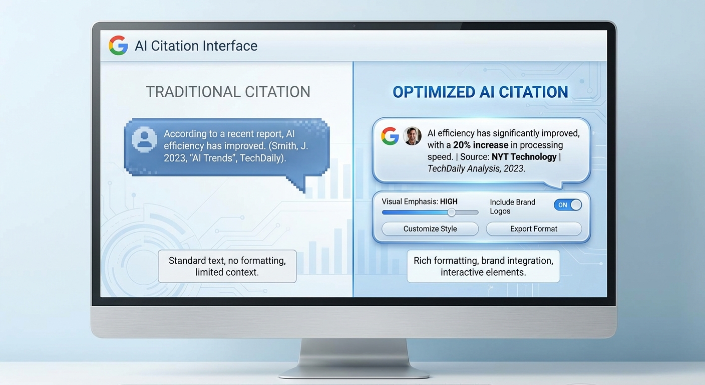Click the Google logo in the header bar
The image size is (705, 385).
118,46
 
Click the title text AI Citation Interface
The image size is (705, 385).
196,46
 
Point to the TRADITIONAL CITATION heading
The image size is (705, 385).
228,92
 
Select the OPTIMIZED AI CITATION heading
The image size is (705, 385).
480,92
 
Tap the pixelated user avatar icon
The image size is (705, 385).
144,139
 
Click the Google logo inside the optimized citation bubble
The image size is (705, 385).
390,136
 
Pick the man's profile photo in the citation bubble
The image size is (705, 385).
412,136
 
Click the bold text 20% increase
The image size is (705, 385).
481,145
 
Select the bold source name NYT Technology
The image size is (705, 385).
524,157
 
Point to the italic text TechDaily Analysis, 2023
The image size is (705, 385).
476,169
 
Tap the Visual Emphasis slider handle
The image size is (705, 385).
452,212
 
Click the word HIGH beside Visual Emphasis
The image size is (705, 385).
449,202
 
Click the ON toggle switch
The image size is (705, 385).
568,205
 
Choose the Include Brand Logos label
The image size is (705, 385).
512,207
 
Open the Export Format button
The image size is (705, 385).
534,229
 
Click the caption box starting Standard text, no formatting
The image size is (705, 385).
227,266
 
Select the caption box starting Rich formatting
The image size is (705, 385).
483,266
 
